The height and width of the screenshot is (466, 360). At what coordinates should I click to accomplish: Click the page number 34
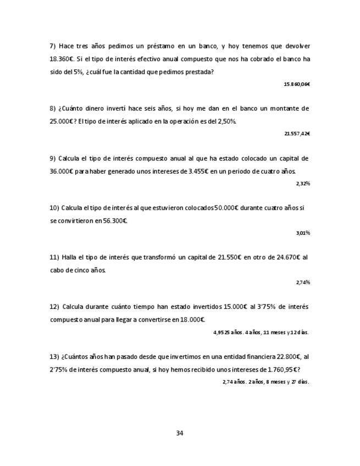[x=179, y=433]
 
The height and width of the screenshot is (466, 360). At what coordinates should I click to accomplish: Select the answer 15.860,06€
[x=297, y=84]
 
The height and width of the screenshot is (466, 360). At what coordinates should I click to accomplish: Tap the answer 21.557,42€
[x=297, y=134]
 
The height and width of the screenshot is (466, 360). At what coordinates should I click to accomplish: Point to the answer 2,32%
[x=303, y=183]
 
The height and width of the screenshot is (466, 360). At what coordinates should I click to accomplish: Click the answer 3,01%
[x=303, y=232]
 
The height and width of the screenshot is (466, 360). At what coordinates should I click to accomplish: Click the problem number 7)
[x=53, y=46]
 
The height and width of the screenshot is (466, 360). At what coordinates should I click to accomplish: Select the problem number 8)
[x=53, y=109]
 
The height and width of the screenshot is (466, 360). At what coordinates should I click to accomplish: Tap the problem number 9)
[x=53, y=158]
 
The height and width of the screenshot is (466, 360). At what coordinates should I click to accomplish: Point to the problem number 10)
[x=54, y=208]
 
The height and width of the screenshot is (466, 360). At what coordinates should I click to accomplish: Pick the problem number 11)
[x=54, y=257]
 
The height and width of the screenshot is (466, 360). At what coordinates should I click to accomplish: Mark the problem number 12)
[x=54, y=307]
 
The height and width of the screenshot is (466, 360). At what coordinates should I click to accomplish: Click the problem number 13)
[x=54, y=356]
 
